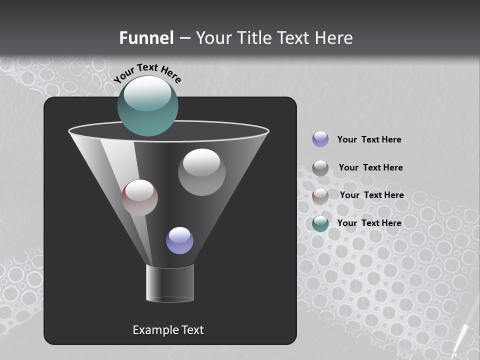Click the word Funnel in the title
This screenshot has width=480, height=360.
coord(146,38)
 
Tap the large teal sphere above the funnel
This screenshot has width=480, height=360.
coord(148,106)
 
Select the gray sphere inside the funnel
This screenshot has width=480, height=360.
coord(201,172)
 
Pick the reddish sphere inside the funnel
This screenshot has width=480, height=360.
coord(140,197)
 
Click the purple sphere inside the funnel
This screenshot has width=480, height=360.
coord(179,240)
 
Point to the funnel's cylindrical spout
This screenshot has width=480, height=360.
coord(170,283)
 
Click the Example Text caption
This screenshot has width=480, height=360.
coord(168,330)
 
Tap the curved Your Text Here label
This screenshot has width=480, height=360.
coord(147,72)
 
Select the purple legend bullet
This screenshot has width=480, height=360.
coord(320,139)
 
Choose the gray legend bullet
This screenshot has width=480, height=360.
coord(320,168)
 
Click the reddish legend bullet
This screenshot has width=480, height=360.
coord(320,196)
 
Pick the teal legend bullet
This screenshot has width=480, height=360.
coord(320,223)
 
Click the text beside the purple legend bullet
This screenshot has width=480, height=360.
coord(369,139)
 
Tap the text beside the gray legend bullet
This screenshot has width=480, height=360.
coord(370,167)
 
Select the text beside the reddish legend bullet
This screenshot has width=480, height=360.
coord(371,195)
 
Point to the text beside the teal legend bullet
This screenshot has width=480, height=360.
coord(369,223)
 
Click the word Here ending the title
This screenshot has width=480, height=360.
coord(335,38)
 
